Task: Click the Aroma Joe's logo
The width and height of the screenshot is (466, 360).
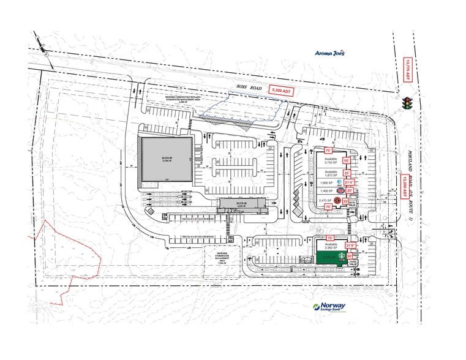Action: click(x=329, y=53)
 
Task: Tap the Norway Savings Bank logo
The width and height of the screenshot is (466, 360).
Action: click(x=329, y=307)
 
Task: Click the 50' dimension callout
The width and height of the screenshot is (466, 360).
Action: click(x=347, y=160)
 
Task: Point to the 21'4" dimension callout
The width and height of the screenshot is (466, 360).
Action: click(x=349, y=182)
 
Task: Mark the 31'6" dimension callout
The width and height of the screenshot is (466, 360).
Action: click(x=350, y=246)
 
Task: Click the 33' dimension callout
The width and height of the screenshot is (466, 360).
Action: click(x=345, y=201)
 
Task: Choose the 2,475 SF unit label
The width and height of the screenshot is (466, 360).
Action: click(x=325, y=200)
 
